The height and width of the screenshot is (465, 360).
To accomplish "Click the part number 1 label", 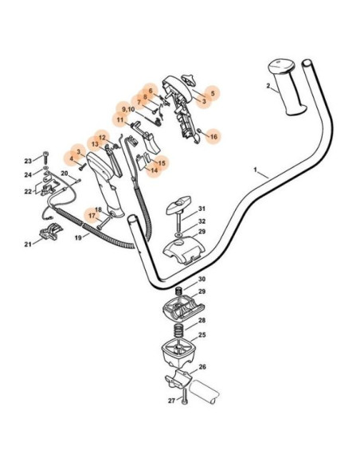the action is tap(255, 170).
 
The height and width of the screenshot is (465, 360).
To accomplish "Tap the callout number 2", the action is tap(268, 86).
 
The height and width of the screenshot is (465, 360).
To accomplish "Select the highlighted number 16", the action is tap(213, 136).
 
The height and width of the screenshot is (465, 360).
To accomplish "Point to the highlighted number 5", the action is tap(213, 93).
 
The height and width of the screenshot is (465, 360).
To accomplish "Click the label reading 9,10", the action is tap(128, 109).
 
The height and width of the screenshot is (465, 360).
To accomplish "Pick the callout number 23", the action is tap(28, 161).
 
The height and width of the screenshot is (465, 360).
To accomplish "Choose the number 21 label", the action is tap(28, 244).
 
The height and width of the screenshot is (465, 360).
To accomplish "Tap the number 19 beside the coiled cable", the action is tap(78, 237).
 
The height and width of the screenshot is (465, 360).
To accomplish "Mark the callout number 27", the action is tap(172, 401).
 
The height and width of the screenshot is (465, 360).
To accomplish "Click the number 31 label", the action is tap(202, 209).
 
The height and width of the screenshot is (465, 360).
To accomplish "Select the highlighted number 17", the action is tap(92, 216).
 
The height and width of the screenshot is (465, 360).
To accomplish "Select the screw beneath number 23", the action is tap(45, 158).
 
